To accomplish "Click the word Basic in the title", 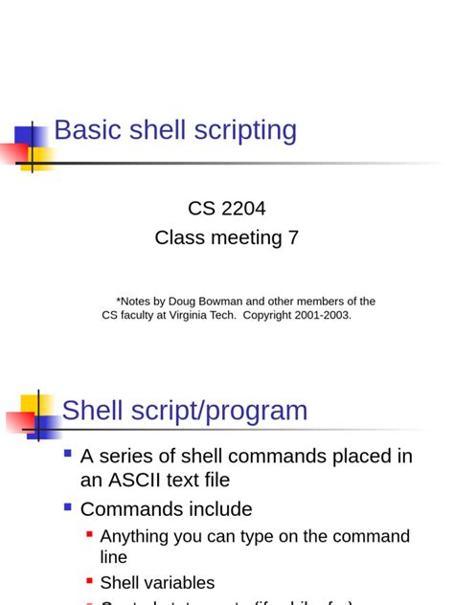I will (x=85, y=130).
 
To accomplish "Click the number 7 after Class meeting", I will (x=293, y=237).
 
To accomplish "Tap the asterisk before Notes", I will (x=119, y=300).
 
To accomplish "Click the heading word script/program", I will (x=216, y=411).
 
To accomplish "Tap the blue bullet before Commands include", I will (x=68, y=507).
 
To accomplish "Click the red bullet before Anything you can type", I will (x=89, y=534).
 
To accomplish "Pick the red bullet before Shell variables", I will (x=89, y=580).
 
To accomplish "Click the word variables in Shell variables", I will (x=180, y=582).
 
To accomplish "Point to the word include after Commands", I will (x=220, y=509).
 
